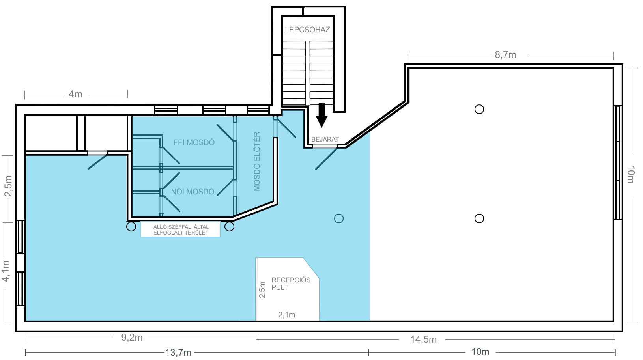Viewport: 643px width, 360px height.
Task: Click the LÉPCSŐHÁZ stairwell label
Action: point(307,30)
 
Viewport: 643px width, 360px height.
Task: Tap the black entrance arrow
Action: point(321,115)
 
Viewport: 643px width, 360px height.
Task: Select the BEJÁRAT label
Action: point(325,140)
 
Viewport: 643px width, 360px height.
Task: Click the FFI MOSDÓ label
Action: point(194,142)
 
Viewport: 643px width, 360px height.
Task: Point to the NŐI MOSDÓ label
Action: point(193,192)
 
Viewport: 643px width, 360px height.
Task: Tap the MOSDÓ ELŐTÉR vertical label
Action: point(257,162)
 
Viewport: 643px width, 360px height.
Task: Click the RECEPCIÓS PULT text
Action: point(291,284)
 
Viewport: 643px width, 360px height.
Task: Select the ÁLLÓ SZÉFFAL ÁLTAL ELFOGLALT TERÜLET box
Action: point(181,229)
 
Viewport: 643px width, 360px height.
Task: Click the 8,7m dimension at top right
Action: point(505,55)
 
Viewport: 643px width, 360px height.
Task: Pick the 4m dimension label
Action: point(75,94)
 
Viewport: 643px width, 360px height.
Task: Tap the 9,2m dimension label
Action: point(132,338)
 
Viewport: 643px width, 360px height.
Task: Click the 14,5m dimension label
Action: point(423,339)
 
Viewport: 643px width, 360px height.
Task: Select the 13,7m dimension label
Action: point(178,353)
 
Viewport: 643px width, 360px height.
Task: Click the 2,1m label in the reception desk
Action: point(286,315)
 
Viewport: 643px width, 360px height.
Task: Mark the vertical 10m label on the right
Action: point(630,174)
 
